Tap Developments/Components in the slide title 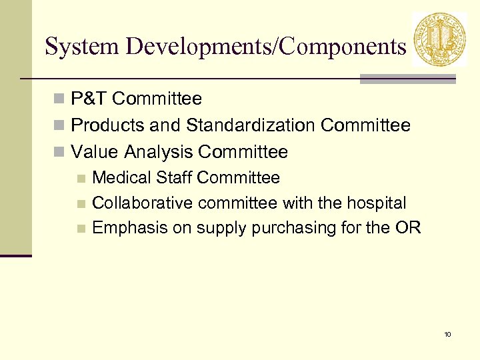265,47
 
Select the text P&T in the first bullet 89,99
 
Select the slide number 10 448,334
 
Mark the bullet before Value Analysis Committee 59,153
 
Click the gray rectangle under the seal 407,79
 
